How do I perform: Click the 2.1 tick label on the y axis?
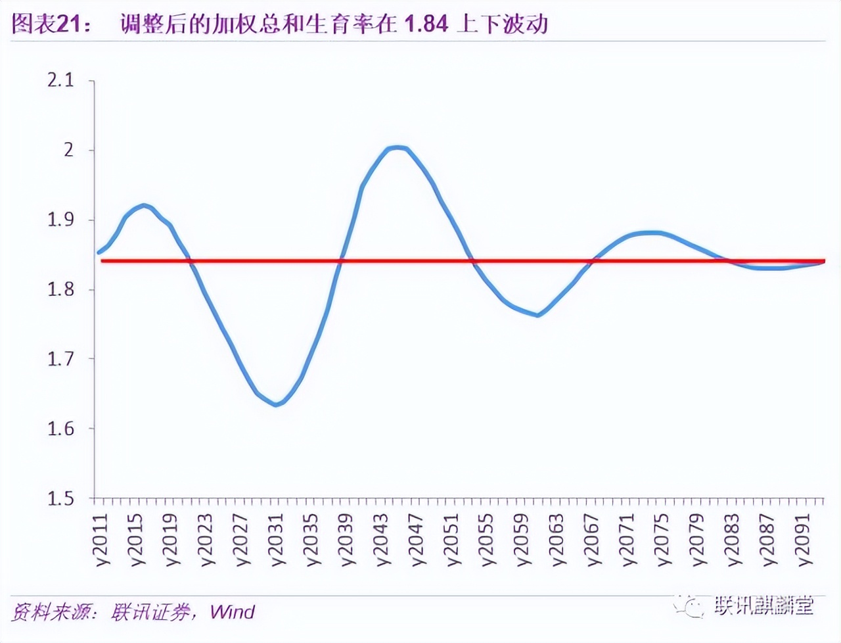pyautogui.click(x=60, y=80)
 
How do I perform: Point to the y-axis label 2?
pyautogui.click(x=69, y=150)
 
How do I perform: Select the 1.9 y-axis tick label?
pyautogui.click(x=60, y=220)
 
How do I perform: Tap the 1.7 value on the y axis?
pyautogui.click(x=60, y=359)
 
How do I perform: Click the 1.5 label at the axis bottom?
pyautogui.click(x=60, y=498)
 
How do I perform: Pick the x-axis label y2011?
pyautogui.click(x=102, y=539)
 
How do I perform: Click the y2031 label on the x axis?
pyautogui.click(x=277, y=539)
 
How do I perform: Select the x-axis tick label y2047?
pyautogui.click(x=417, y=539)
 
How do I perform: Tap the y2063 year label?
pyautogui.click(x=557, y=539)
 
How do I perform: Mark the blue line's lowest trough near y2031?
pyautogui.click(x=276, y=404)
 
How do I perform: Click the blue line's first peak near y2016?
pyautogui.click(x=144, y=206)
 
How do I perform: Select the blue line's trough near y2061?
pyautogui.click(x=538, y=315)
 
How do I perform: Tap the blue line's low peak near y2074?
pyautogui.click(x=650, y=232)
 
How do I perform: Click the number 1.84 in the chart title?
pyautogui.click(x=426, y=24)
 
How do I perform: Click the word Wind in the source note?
pyautogui.click(x=232, y=612)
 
